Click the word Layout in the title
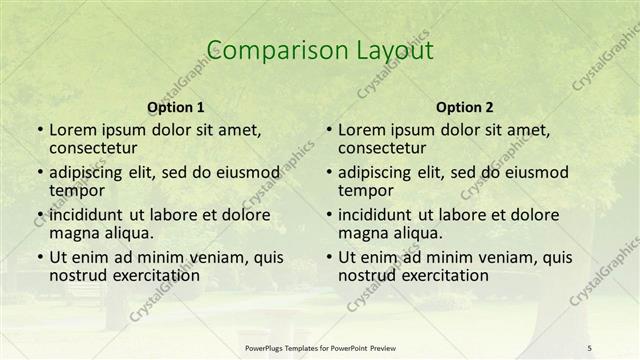tap(393, 50)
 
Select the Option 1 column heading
tap(176, 107)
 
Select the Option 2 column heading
tap(464, 107)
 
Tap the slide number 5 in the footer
tap(590, 347)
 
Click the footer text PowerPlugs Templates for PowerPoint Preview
tap(319, 347)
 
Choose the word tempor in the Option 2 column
tap(362, 190)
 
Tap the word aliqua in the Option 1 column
tap(125, 233)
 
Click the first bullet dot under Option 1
tap(38, 130)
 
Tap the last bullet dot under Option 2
tap(327, 257)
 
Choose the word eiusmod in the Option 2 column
tap(536, 171)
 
